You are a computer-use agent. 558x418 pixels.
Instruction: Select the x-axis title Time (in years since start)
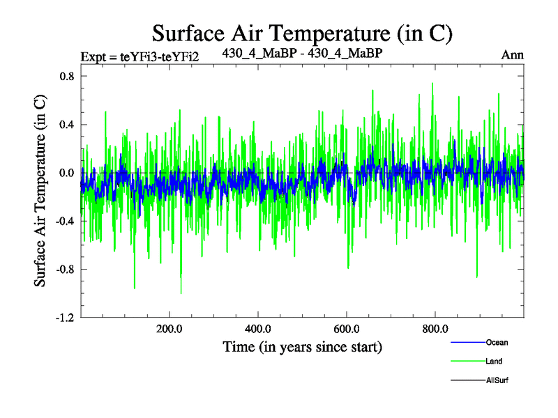pos(302,346)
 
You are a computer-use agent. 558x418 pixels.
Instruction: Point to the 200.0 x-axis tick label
pos(169,329)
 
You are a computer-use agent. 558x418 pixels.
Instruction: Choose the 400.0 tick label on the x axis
pos(258,329)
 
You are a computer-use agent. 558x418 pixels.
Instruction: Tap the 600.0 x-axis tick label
pos(347,329)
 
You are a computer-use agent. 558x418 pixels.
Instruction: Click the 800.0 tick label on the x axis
pos(435,329)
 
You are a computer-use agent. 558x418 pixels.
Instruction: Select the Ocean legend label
pos(497,342)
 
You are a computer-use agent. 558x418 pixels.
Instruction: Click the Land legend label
pos(494,362)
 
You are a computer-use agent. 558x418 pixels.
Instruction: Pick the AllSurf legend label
pos(498,380)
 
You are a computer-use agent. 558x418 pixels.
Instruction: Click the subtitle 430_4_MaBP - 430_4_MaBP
pos(301,53)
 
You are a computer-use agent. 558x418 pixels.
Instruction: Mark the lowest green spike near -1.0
pos(181,293)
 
